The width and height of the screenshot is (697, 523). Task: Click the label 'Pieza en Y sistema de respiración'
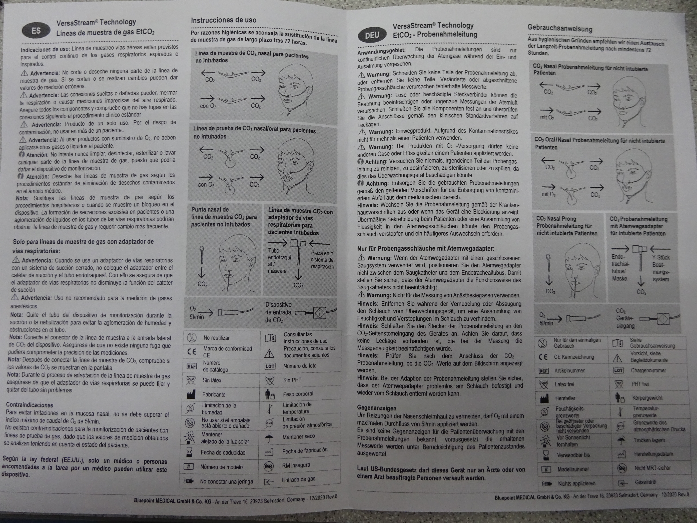click(x=322, y=260)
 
